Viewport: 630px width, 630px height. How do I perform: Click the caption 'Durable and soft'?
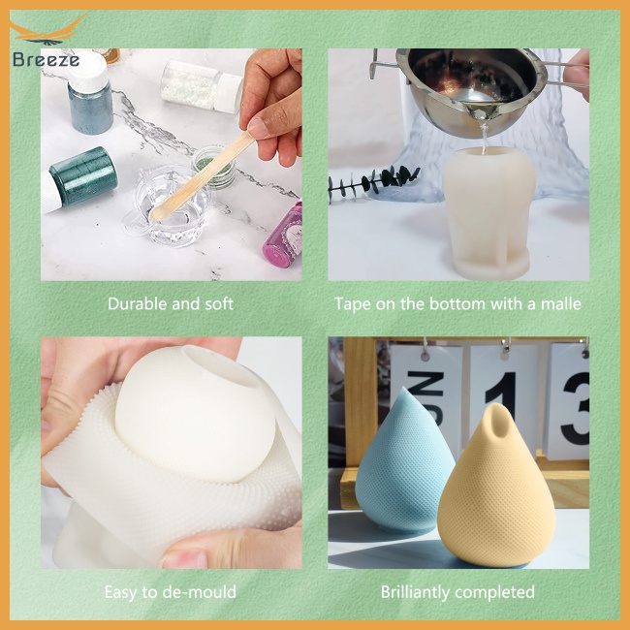tap(170, 303)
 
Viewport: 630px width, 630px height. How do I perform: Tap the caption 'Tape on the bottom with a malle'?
tap(457, 303)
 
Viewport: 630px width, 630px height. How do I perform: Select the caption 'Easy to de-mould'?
tap(170, 591)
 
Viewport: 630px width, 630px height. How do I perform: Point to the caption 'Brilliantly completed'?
tap(457, 591)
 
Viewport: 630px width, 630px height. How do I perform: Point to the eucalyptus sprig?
tap(371, 182)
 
